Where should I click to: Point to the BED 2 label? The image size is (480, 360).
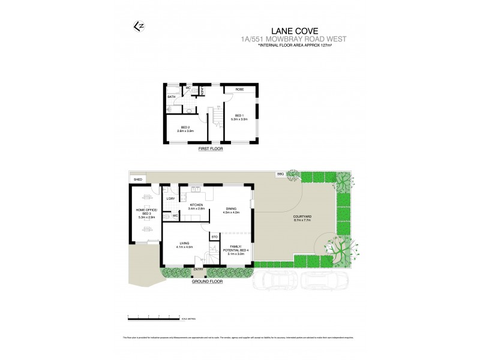click(186, 127)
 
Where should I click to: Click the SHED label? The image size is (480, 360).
click(137, 179)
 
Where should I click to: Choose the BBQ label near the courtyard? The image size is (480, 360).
click(280, 174)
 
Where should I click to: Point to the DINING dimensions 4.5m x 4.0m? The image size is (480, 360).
click(231, 212)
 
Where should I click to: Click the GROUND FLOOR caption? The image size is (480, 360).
click(207, 280)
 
